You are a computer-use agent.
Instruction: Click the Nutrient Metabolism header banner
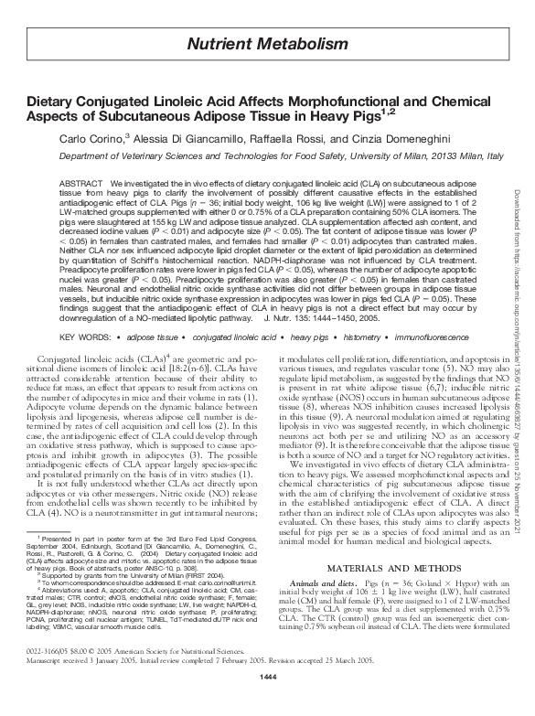point(267,44)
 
